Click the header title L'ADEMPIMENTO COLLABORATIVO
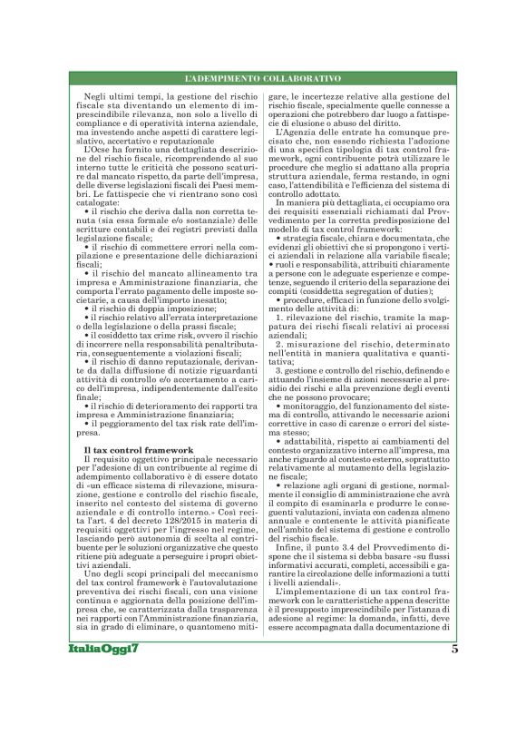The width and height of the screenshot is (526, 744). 263,79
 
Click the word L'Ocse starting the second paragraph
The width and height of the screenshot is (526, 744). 95,148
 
